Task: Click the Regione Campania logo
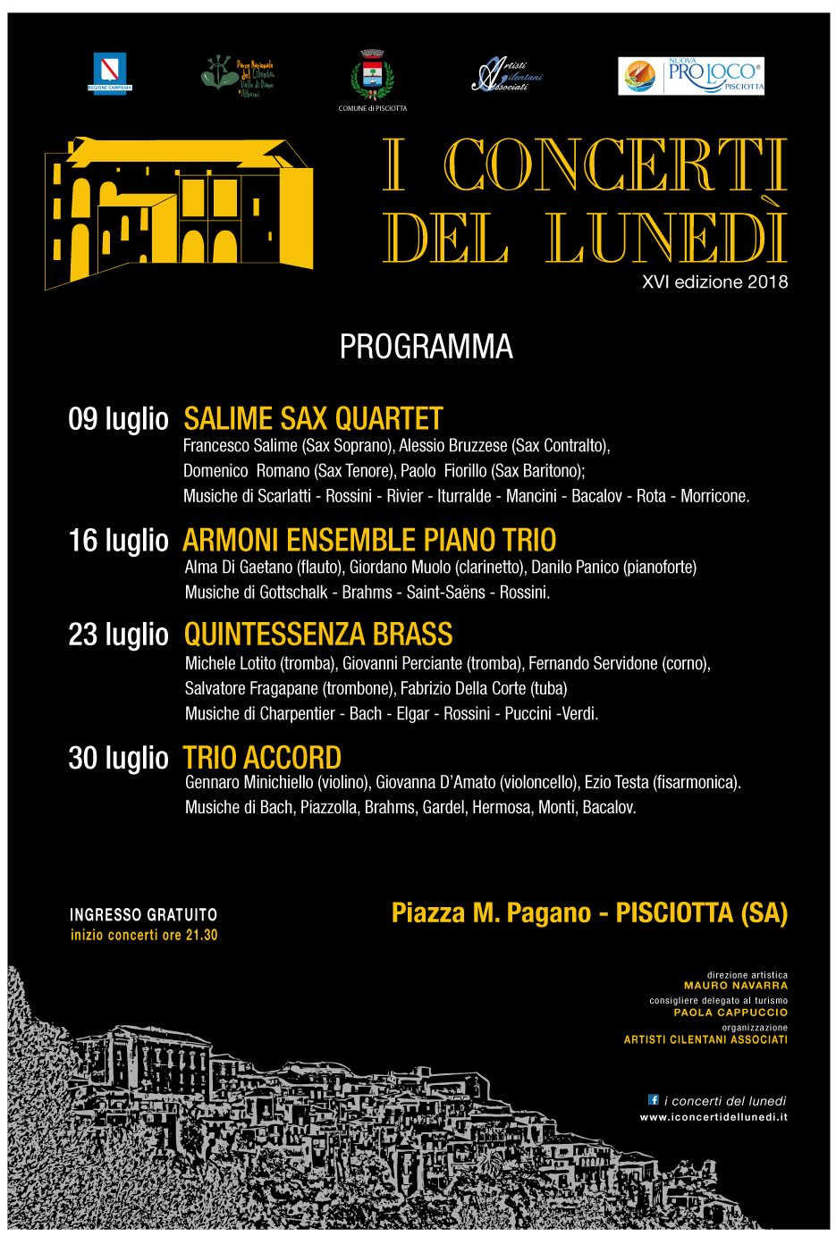pos(110,72)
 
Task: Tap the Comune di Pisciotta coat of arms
pos(372,73)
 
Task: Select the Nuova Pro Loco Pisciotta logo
pos(691,76)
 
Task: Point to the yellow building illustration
pos(179,212)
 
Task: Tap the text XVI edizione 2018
pos(714,282)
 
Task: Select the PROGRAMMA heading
pos(426,348)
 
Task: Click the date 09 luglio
pos(118,419)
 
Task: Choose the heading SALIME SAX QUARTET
pos(313,418)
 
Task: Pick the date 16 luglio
pos(118,540)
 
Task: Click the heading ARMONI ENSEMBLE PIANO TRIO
pos(369,540)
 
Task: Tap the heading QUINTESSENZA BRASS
pos(318,635)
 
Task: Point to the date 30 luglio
pos(118,758)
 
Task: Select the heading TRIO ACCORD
pos(262,758)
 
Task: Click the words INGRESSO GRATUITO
pos(143,915)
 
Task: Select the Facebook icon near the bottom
pos(653,1099)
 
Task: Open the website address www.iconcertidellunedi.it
pos(713,1117)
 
